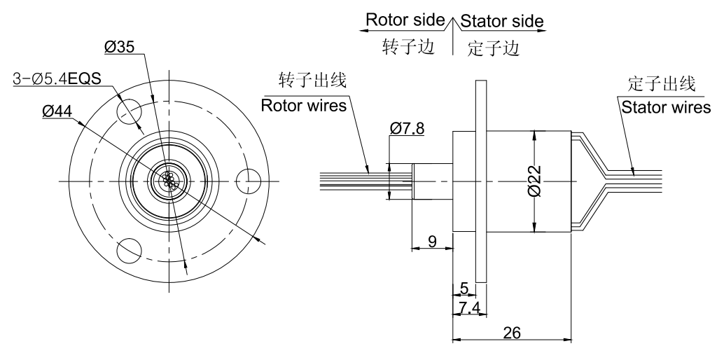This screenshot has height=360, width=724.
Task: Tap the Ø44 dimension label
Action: click(x=57, y=111)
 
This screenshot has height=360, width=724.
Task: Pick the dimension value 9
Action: click(x=431, y=242)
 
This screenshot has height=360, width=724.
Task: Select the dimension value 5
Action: click(x=464, y=288)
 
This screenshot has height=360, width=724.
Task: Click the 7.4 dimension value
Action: click(x=468, y=307)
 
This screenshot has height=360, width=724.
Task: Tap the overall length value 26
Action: click(x=512, y=333)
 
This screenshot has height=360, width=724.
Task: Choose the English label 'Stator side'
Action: click(x=501, y=22)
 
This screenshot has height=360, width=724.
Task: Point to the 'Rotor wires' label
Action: click(x=303, y=106)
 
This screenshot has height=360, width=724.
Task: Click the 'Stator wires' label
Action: click(x=665, y=106)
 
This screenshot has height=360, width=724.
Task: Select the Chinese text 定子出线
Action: click(x=662, y=85)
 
